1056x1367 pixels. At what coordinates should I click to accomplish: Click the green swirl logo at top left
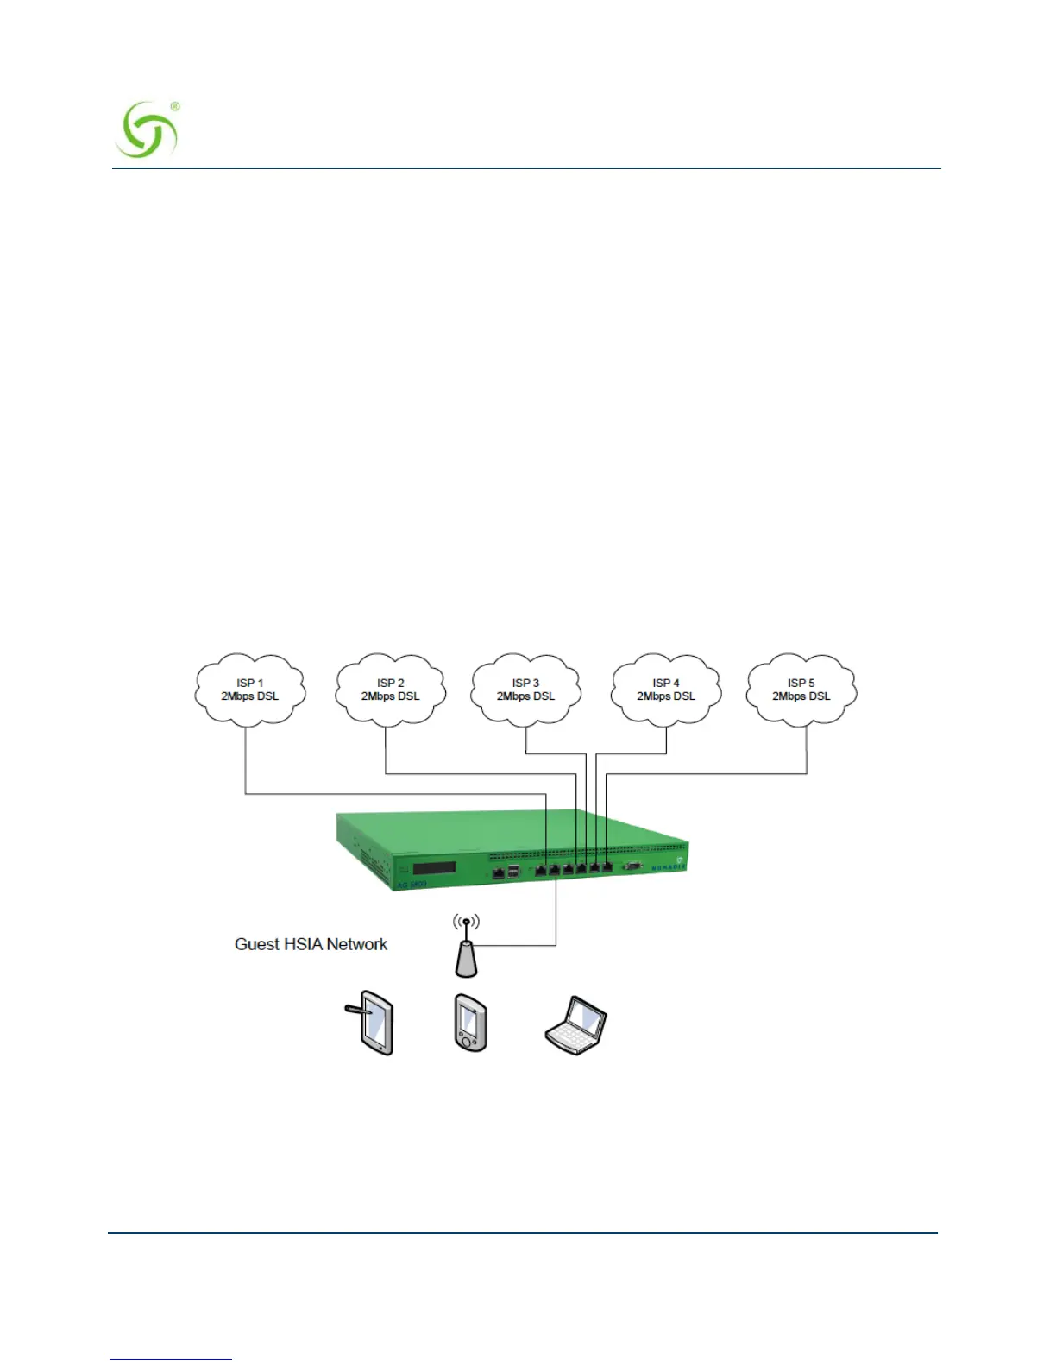pyautogui.click(x=146, y=130)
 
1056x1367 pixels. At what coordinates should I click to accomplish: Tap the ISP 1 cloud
pyautogui.click(x=250, y=690)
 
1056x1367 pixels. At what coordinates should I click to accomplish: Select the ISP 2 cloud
pyautogui.click(x=390, y=690)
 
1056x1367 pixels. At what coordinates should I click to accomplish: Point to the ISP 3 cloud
pyautogui.click(x=525, y=690)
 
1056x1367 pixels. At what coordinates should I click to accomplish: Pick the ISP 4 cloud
pyautogui.click(x=665, y=690)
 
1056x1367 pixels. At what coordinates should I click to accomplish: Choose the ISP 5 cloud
pyautogui.click(x=801, y=690)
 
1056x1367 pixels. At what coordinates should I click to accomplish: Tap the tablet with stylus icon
pyautogui.click(x=373, y=1023)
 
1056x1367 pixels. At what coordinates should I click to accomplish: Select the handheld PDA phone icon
pyautogui.click(x=470, y=1024)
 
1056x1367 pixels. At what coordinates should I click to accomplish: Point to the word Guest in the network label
pyautogui.click(x=256, y=944)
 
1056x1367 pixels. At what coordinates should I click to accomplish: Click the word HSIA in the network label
pyautogui.click(x=304, y=944)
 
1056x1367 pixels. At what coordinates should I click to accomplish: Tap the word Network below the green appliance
pyautogui.click(x=356, y=944)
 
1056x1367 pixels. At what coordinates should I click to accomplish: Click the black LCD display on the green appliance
pyautogui.click(x=434, y=867)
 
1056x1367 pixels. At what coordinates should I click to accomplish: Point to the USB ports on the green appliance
pyautogui.click(x=514, y=872)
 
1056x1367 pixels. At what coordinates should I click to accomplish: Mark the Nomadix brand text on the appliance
pyautogui.click(x=667, y=867)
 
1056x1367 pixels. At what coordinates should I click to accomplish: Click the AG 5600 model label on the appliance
pyautogui.click(x=412, y=885)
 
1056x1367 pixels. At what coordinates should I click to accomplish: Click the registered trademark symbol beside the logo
pyautogui.click(x=175, y=106)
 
